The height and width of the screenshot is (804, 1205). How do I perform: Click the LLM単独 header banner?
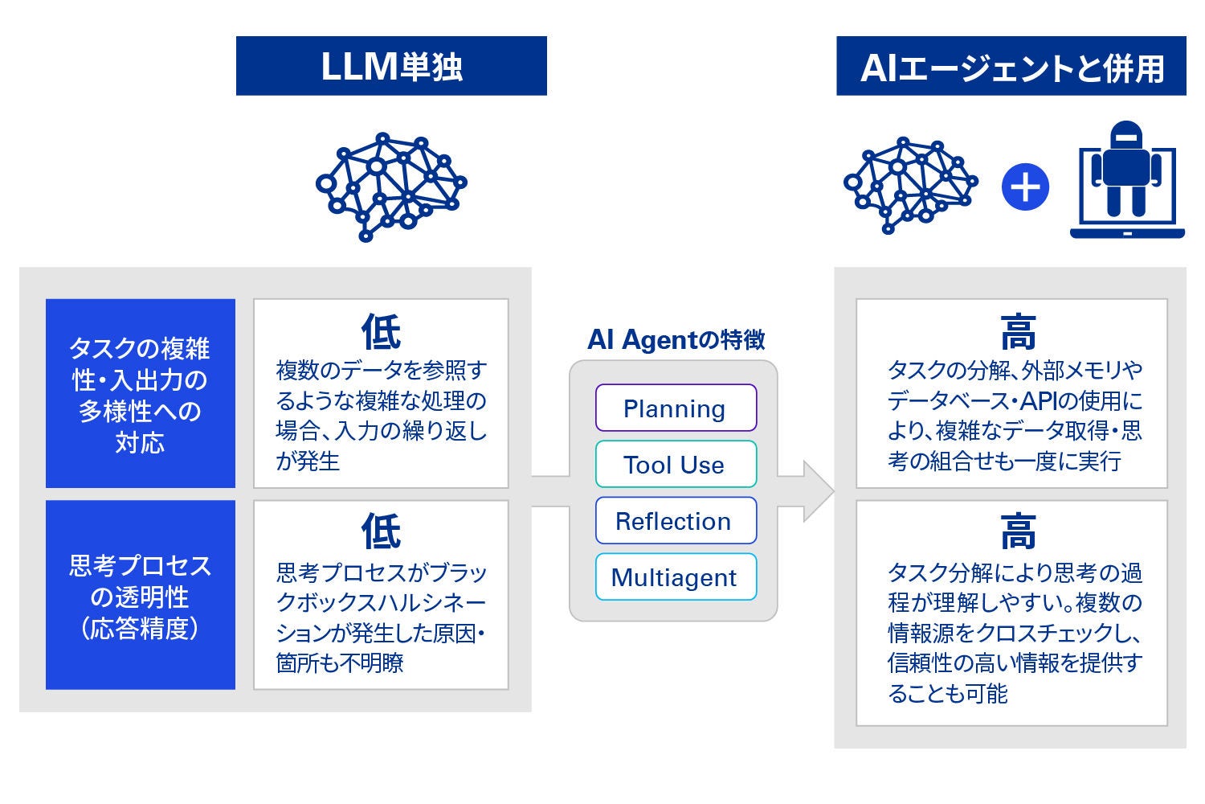[391, 66]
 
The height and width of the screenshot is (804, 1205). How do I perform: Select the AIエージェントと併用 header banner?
[1011, 66]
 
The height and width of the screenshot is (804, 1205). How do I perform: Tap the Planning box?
[676, 408]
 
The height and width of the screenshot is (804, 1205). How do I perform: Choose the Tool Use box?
[676, 465]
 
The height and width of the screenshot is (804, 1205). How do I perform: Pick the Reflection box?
[676, 521]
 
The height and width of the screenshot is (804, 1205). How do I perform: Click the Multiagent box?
[676, 577]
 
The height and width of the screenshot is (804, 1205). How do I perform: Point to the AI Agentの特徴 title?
[676, 340]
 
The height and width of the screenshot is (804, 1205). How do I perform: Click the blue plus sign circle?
[1025, 187]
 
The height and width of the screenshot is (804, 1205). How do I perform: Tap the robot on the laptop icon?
[1127, 181]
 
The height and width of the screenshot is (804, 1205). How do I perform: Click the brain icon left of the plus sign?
[910, 186]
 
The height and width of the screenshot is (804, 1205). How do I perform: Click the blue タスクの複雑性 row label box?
[141, 394]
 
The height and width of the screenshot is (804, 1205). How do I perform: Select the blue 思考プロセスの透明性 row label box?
[141, 595]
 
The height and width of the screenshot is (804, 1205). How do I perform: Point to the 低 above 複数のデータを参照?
[381, 331]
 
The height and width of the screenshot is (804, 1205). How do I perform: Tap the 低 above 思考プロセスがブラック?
[381, 531]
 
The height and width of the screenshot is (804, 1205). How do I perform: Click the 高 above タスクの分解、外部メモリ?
[1018, 331]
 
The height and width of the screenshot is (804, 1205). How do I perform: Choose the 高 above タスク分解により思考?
[1018, 531]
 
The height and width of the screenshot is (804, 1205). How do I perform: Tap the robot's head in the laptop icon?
[1127, 137]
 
